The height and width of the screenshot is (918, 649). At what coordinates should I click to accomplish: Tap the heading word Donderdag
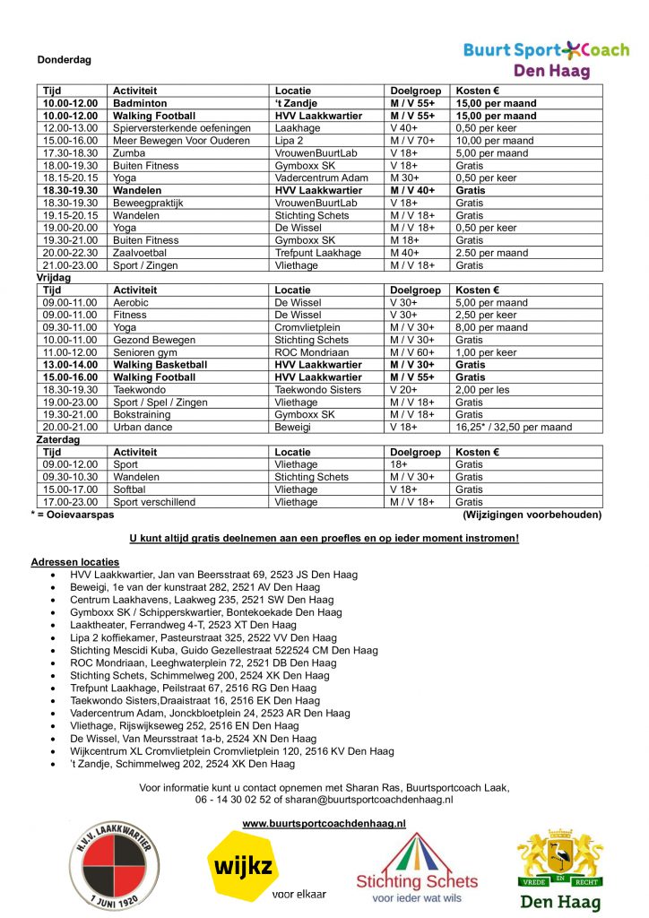coord(64,60)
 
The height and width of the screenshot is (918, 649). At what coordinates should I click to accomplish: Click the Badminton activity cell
coord(140,103)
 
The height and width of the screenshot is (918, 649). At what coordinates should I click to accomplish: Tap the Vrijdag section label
coord(50,278)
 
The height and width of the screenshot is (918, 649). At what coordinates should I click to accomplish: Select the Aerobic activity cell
coord(132,303)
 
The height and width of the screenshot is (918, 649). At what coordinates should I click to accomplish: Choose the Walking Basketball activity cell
coord(160,365)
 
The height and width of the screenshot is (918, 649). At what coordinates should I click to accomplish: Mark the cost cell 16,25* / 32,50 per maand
coord(514,427)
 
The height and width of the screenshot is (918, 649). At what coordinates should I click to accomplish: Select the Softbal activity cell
coord(132,489)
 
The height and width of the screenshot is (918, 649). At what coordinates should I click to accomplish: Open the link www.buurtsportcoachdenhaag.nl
coord(324,822)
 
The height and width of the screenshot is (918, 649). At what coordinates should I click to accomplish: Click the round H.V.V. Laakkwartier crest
coord(115,869)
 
